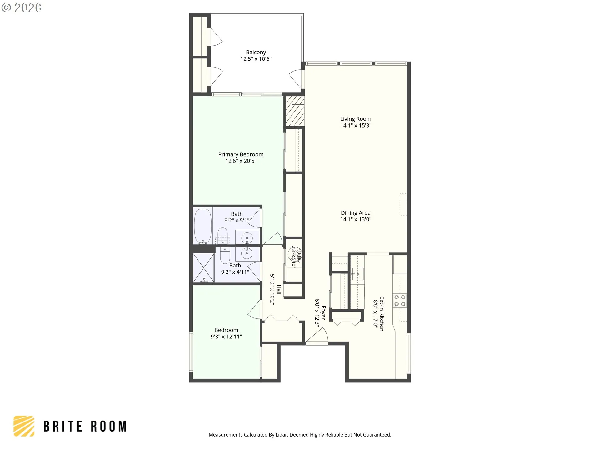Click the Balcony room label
[256, 52]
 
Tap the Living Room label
[356, 119]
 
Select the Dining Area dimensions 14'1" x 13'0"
[356, 219]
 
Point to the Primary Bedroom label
[241, 154]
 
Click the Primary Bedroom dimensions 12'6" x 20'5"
[241, 161]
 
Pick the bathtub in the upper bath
[203, 226]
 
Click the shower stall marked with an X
[203, 268]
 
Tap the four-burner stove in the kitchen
[400, 301]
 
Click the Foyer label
[323, 313]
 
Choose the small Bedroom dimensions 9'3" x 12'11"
[226, 337]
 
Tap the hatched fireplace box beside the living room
[295, 111]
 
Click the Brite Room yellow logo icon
[24, 426]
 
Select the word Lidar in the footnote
[282, 435]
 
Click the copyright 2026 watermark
[21, 8]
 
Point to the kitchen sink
[358, 274]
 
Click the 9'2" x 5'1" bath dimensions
[237, 221]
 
